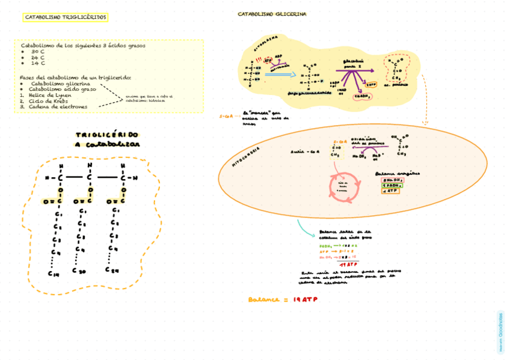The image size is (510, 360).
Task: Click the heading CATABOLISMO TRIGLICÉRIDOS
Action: (x=66, y=17)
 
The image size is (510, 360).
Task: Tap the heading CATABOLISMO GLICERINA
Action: (x=272, y=13)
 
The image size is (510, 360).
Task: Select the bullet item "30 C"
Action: (x=38, y=52)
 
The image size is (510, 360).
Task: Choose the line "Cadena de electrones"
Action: (x=57, y=107)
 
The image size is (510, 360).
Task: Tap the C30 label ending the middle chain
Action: (x=79, y=270)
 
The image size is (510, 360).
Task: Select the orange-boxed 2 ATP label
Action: (x=371, y=85)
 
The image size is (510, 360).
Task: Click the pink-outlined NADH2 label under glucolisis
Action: (x=361, y=96)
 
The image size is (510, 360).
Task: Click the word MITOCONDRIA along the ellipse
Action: (x=246, y=157)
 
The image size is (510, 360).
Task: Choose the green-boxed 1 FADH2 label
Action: (x=392, y=185)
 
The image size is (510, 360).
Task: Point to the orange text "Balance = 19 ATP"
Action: (x=283, y=299)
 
